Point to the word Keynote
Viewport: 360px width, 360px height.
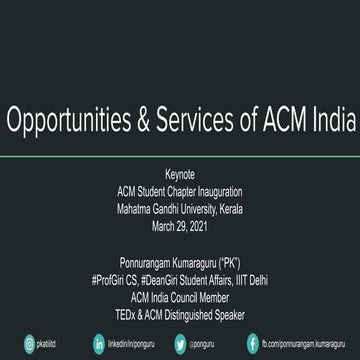point(180,176)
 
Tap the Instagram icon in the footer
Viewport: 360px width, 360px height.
point(15,344)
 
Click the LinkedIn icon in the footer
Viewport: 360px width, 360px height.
point(99,344)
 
